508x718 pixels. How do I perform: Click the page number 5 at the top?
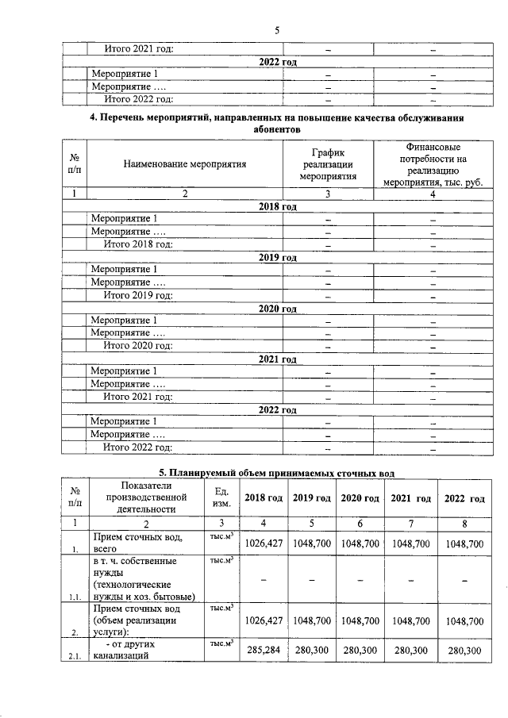coord(277,30)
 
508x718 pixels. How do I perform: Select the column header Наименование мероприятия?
coord(185,164)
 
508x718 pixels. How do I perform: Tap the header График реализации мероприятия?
coord(328,164)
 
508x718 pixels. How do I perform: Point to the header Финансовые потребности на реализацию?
coord(433,164)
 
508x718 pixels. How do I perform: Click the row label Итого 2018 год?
coord(139,244)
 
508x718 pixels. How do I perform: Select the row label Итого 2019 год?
coord(139,295)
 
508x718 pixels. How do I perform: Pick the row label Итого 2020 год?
coord(139,346)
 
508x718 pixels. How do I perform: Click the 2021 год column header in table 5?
coord(411,498)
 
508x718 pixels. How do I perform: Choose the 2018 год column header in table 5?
coord(264,497)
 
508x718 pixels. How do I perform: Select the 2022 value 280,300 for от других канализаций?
coord(464,651)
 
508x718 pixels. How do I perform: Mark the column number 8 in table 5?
coord(464,523)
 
